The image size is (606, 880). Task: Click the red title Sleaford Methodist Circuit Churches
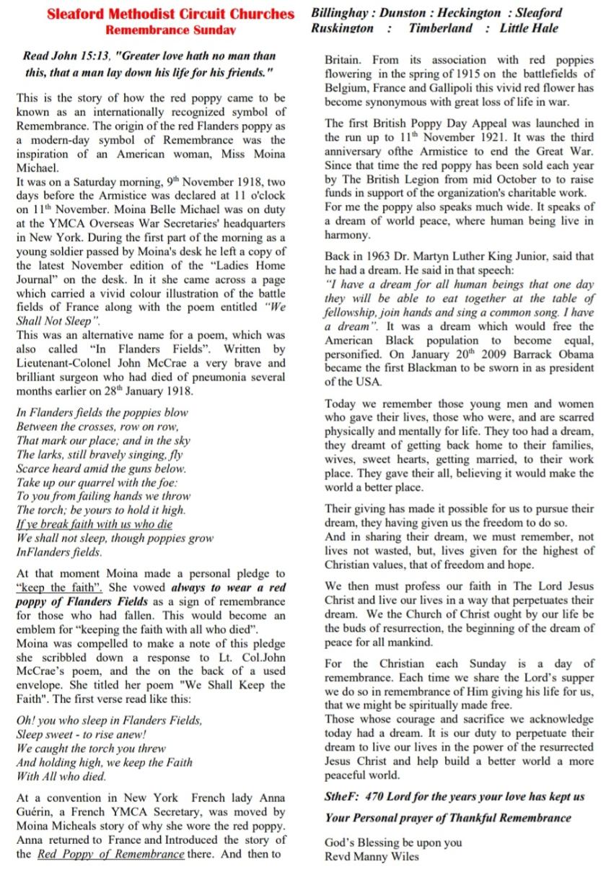[170, 14]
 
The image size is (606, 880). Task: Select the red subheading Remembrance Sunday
[170, 30]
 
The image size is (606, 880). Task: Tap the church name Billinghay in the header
[341, 13]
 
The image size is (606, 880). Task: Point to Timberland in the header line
[440, 28]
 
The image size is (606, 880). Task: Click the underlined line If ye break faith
[95, 524]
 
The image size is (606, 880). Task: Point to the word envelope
[41, 685]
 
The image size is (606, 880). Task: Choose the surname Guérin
[38, 812]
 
